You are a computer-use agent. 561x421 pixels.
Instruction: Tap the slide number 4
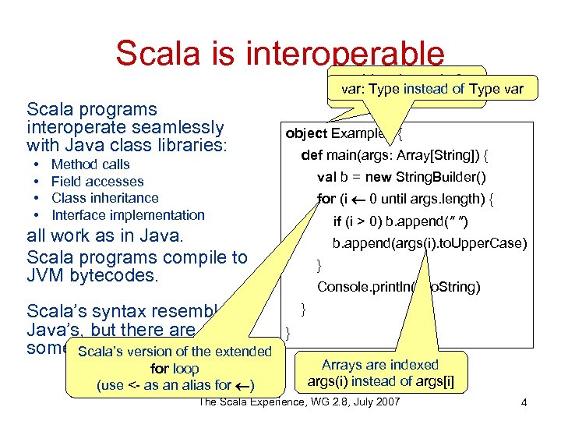[x=524, y=402]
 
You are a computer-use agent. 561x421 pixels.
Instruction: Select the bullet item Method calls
[x=90, y=165]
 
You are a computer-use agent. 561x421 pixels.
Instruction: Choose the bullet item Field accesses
[x=97, y=182]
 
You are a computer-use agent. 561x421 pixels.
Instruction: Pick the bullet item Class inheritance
[x=104, y=198]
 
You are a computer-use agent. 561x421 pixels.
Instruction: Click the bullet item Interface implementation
[x=128, y=215]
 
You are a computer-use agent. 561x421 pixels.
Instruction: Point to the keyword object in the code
[x=306, y=133]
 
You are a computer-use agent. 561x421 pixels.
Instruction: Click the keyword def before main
[x=312, y=155]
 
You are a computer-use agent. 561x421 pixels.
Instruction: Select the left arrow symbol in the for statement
[x=357, y=200]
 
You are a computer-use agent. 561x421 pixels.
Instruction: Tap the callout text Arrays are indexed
[x=379, y=365]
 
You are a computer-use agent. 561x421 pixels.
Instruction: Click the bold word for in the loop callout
[x=159, y=369]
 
